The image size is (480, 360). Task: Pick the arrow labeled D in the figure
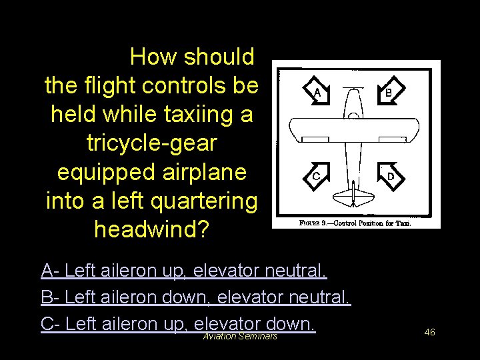point(390,176)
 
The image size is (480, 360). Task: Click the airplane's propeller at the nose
point(353,87)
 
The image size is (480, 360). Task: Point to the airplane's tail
point(353,197)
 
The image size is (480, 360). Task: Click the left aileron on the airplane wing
point(313,139)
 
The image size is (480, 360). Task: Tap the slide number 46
point(429,331)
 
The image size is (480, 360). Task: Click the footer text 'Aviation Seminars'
point(240,336)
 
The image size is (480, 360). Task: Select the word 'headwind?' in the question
point(152,229)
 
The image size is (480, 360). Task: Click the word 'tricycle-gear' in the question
point(153,143)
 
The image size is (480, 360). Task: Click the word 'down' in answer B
point(197,297)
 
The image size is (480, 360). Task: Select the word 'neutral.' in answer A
point(296,271)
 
